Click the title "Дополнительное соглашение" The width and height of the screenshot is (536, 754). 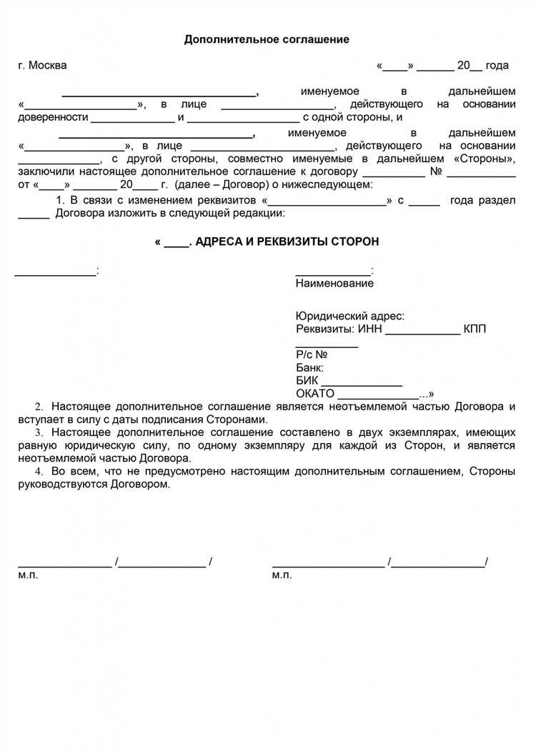point(267,39)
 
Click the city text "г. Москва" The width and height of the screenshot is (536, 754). point(42,66)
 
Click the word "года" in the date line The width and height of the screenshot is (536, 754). point(497,66)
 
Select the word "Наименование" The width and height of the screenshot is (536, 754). point(334,283)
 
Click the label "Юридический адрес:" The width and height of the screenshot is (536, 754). point(349,316)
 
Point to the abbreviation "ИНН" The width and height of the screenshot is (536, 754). point(370,329)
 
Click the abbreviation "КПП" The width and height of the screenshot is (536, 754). point(475,329)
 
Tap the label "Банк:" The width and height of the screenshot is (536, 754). point(309,367)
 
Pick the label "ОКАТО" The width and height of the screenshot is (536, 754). point(314,394)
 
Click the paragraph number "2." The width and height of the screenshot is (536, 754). point(39,407)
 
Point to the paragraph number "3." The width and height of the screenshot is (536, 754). point(39,432)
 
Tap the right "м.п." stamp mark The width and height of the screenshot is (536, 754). point(282,575)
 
